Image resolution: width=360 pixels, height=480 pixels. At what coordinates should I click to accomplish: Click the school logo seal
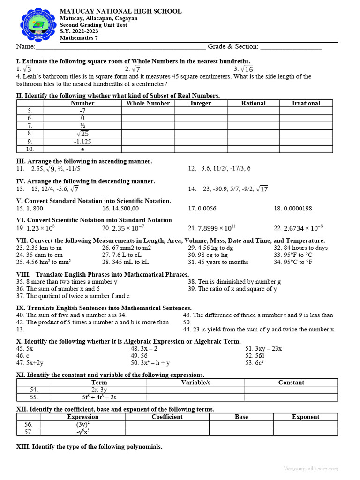[38, 25]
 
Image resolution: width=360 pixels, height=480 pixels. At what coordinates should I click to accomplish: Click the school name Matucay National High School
[120, 11]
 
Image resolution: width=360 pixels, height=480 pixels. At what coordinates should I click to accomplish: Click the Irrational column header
[306, 103]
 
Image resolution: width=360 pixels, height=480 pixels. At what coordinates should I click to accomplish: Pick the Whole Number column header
[148, 103]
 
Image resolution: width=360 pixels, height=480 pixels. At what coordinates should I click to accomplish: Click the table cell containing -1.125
[82, 142]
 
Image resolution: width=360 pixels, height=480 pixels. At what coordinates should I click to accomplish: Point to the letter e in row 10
[82, 149]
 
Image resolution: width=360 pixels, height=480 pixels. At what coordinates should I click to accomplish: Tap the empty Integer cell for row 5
[201, 111]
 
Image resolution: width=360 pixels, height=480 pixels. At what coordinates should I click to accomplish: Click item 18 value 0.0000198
[293, 209]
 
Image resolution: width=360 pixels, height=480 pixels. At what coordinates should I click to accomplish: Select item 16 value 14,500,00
[120, 209]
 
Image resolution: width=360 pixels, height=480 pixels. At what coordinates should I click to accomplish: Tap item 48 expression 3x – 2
[144, 349]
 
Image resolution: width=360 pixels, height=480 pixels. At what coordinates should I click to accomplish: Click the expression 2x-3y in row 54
[99, 390]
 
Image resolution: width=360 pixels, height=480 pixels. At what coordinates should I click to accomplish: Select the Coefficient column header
[167, 417]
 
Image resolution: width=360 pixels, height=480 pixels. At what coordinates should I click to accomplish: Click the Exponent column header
[306, 417]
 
